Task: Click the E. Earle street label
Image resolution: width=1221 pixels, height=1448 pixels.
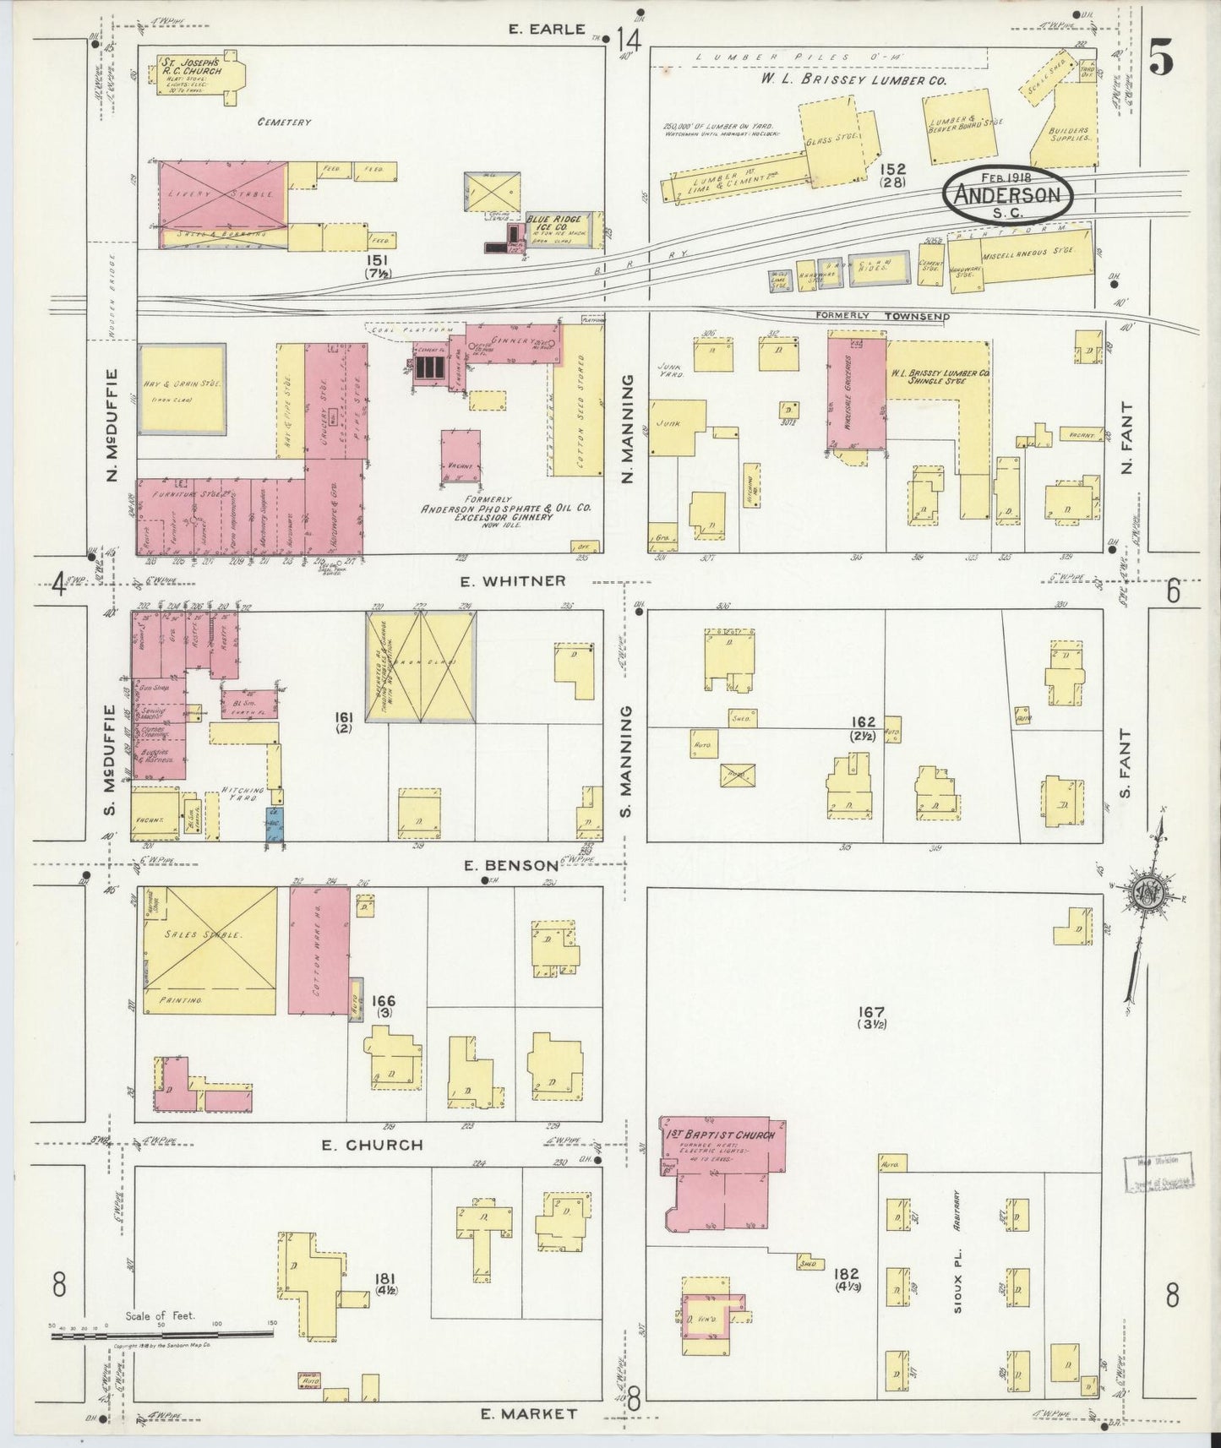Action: (x=547, y=29)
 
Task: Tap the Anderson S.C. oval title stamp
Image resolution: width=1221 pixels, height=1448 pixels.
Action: (x=1007, y=195)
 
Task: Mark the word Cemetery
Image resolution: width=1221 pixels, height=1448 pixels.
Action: (x=285, y=122)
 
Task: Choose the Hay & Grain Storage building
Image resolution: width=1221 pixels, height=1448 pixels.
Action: (x=182, y=389)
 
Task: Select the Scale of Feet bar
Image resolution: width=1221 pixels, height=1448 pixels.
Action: (x=161, y=1335)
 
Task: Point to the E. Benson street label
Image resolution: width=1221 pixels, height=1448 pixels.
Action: (x=511, y=865)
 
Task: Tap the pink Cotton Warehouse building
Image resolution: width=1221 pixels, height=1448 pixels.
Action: (x=319, y=950)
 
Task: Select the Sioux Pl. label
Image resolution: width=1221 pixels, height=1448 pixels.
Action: (x=959, y=1271)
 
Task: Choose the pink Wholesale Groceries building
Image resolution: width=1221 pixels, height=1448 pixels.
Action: (x=855, y=393)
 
